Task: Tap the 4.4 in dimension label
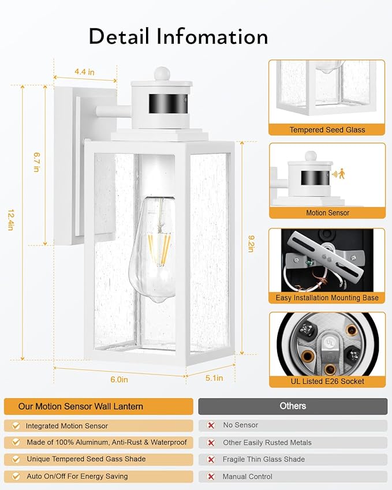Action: click(84, 72)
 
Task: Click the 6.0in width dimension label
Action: click(119, 379)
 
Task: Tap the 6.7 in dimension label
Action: click(36, 162)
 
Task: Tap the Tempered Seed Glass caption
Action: click(327, 130)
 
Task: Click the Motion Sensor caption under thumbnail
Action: click(327, 213)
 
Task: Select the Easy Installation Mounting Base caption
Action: click(327, 298)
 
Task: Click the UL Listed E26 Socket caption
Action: click(327, 381)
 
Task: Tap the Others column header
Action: click(293, 406)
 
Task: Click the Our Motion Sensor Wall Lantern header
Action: click(81, 406)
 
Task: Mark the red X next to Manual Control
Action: click(211, 477)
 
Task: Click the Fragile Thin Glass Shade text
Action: click(264, 459)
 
